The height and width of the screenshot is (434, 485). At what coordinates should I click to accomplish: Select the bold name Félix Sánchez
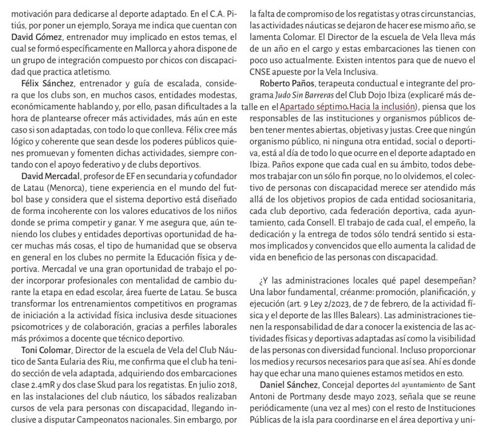(42, 84)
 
